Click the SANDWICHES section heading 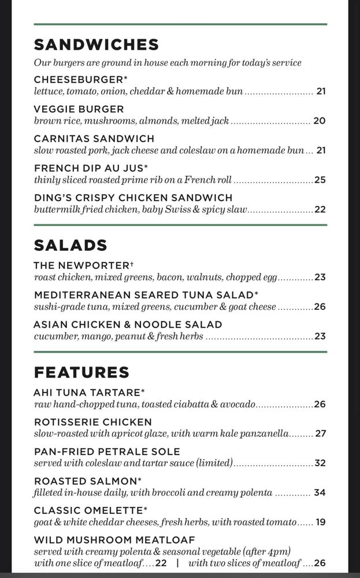click(96, 45)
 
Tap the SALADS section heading click(70, 245)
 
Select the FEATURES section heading click(81, 372)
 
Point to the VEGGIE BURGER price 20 click(320, 121)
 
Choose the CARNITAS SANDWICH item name click(94, 138)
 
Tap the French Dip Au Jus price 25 click(320, 180)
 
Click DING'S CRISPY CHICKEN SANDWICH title click(133, 197)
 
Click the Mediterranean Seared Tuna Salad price click(320, 306)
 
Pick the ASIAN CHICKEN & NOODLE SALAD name click(128, 324)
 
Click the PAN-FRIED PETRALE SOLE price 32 click(320, 463)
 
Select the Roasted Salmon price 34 click(320, 492)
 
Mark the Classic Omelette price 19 click(321, 522)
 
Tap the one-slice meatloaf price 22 click(161, 563)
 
